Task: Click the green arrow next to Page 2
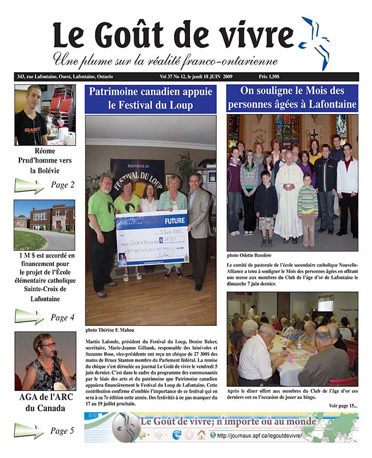click(x=29, y=185)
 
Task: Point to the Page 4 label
click(x=62, y=317)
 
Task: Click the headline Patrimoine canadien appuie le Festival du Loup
click(x=151, y=98)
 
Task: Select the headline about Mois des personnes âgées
click(x=292, y=98)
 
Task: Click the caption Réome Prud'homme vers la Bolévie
click(x=44, y=161)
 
